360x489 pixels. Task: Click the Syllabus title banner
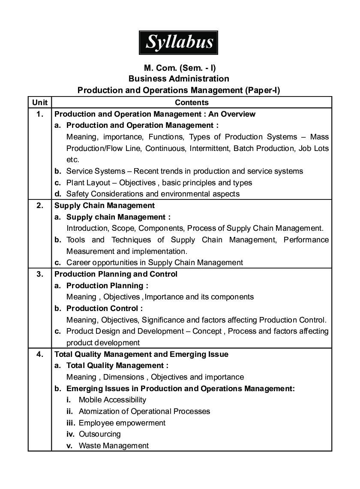pyautogui.click(x=178, y=42)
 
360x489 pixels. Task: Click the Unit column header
pyautogui.click(x=39, y=103)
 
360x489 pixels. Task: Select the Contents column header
pyautogui.click(x=192, y=103)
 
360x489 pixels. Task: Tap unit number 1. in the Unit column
pyautogui.click(x=39, y=114)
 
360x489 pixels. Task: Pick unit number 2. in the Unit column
pyautogui.click(x=39, y=205)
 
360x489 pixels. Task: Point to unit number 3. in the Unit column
pyautogui.click(x=39, y=274)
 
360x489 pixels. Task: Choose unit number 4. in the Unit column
pyautogui.click(x=39, y=354)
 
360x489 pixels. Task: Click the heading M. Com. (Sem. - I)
pyautogui.click(x=178, y=68)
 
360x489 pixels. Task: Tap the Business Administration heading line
pyautogui.click(x=178, y=79)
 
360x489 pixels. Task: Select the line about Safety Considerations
pyautogui.click(x=153, y=194)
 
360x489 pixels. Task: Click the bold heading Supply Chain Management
pyautogui.click(x=105, y=205)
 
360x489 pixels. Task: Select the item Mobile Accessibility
pyautogui.click(x=112, y=400)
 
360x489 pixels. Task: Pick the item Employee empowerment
pyautogui.click(x=122, y=423)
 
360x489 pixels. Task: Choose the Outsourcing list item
pyautogui.click(x=99, y=434)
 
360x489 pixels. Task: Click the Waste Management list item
pyautogui.click(x=114, y=446)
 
